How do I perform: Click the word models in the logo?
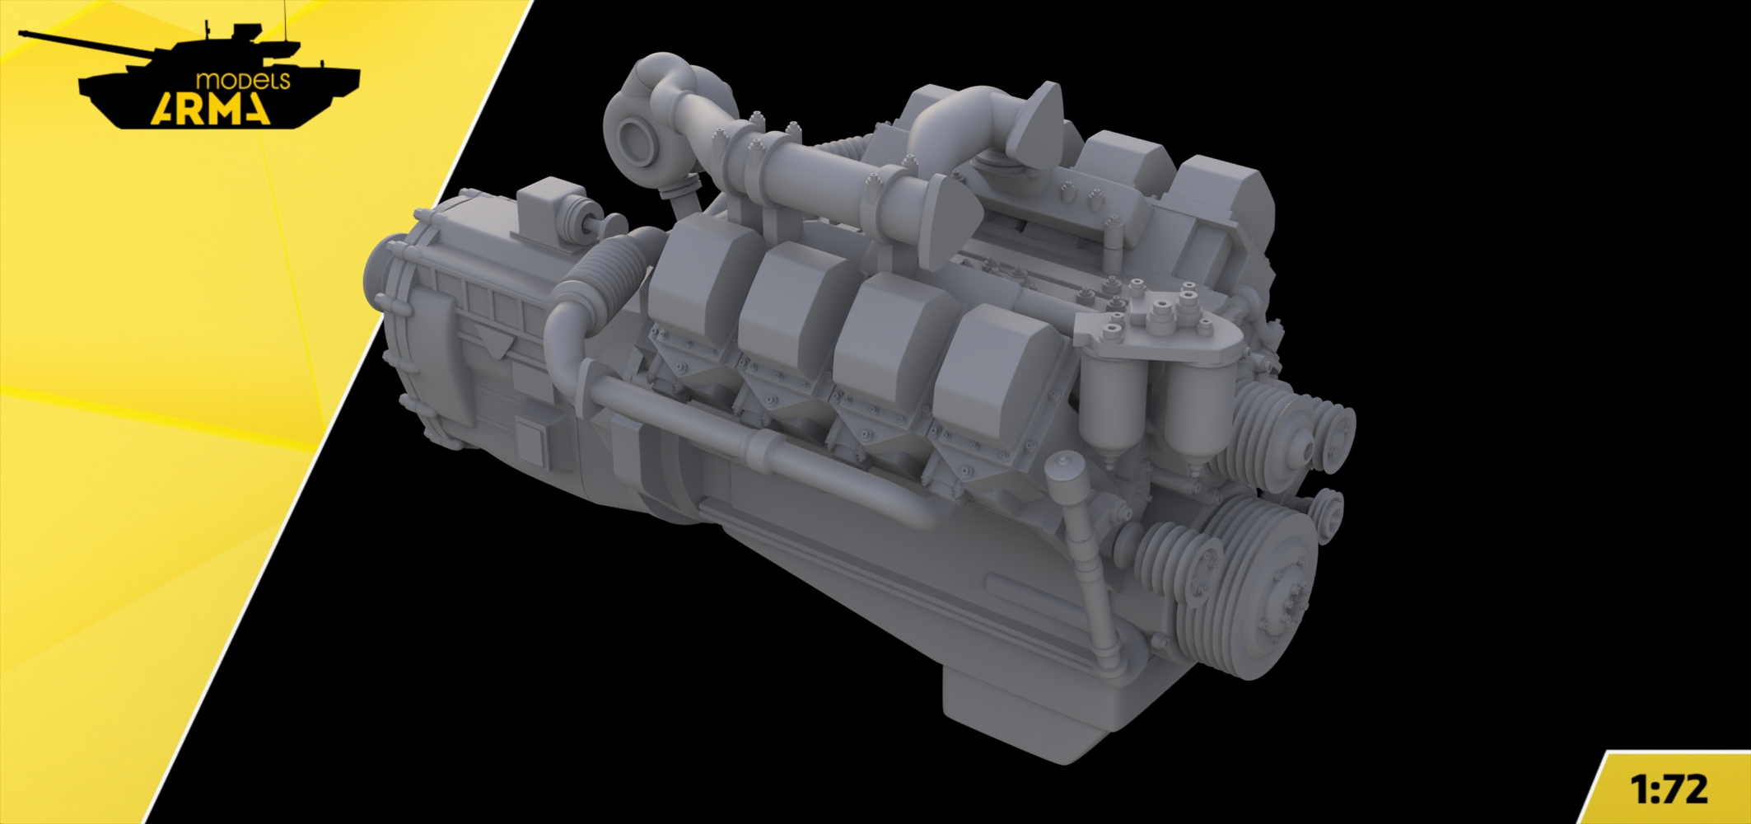point(243,81)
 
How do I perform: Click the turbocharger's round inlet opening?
point(638,138)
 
